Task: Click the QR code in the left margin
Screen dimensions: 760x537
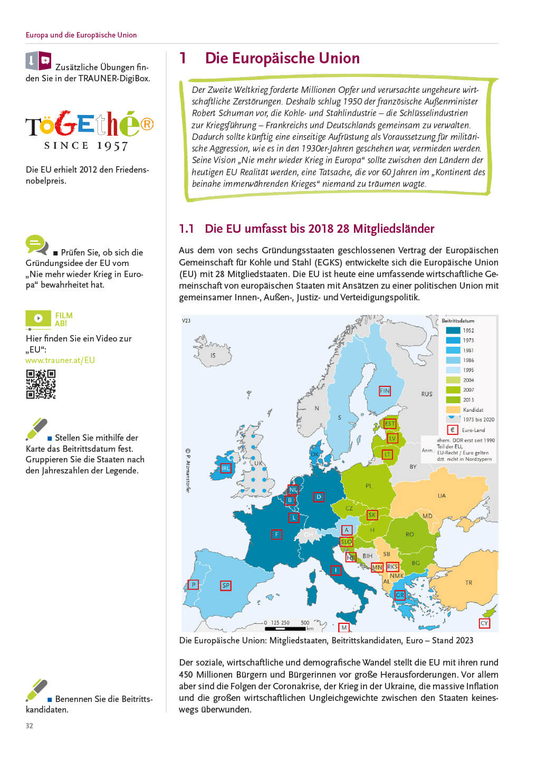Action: tap(41, 384)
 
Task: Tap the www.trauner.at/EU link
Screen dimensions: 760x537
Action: tap(60, 360)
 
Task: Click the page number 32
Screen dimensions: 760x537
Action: tap(30, 726)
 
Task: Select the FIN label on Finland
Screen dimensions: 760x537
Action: tap(385, 391)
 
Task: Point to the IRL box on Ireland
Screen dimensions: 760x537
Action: tap(225, 468)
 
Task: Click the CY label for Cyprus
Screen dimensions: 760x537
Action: tap(484, 623)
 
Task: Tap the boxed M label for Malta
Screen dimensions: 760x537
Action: tap(344, 628)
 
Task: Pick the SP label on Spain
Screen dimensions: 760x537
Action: tap(226, 585)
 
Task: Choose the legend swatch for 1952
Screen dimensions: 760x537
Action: tap(453, 330)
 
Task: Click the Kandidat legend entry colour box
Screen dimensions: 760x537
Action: tap(453, 410)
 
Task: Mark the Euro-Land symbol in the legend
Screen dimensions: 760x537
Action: tap(452, 430)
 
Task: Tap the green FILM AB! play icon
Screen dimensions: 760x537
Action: tap(38, 318)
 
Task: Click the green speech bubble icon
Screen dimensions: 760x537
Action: tap(36, 244)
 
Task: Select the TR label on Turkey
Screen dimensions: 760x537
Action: tap(468, 583)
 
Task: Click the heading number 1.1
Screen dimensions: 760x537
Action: tap(186, 229)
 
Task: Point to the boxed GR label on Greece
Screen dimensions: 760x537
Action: tap(400, 595)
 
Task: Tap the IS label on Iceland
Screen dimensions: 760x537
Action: tap(213, 356)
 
